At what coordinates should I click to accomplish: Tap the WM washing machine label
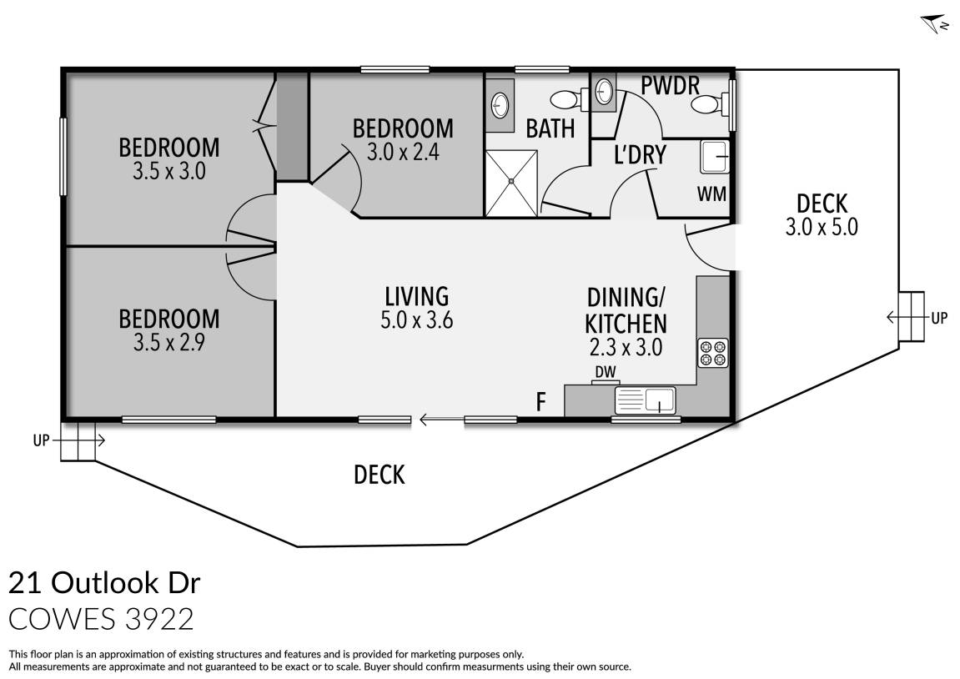[x=711, y=194]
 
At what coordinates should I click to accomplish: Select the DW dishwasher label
[x=605, y=372]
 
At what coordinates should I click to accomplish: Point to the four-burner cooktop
[x=713, y=353]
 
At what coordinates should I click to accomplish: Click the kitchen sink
[x=646, y=401]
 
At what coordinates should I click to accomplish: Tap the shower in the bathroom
[x=512, y=182]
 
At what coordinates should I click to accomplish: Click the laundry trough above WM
[x=715, y=156]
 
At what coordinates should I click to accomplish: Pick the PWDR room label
[x=669, y=85]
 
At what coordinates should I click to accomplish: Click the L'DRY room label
[x=639, y=155]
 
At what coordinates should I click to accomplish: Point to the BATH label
[x=550, y=128]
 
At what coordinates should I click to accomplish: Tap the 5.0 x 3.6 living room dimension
[x=416, y=320]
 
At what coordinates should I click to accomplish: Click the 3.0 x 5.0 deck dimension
[x=822, y=227]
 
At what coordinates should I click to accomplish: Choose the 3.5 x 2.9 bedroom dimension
[x=169, y=342]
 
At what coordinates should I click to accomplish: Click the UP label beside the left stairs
[x=42, y=441]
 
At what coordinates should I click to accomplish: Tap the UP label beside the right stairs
[x=939, y=318]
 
